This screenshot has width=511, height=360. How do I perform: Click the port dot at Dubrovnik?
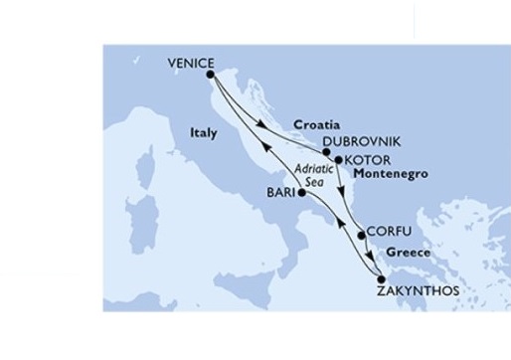pos(325,152)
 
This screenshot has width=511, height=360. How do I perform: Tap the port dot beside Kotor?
pos(339,159)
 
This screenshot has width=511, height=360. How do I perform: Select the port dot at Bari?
pos(301,193)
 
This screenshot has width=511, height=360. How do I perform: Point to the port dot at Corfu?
pos(360,236)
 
